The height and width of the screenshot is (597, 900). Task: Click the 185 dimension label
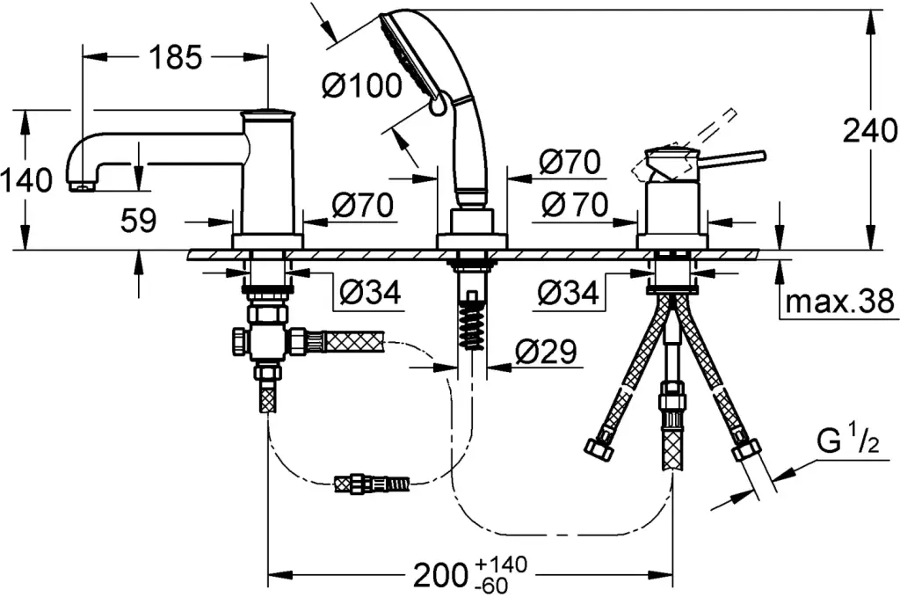(173, 57)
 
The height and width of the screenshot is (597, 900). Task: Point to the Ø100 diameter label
(361, 85)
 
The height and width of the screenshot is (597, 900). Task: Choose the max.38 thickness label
(839, 302)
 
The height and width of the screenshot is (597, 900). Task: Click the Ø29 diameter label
(544, 353)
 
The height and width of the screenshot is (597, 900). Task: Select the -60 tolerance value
(494, 585)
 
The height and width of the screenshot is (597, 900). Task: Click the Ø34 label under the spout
(368, 292)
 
